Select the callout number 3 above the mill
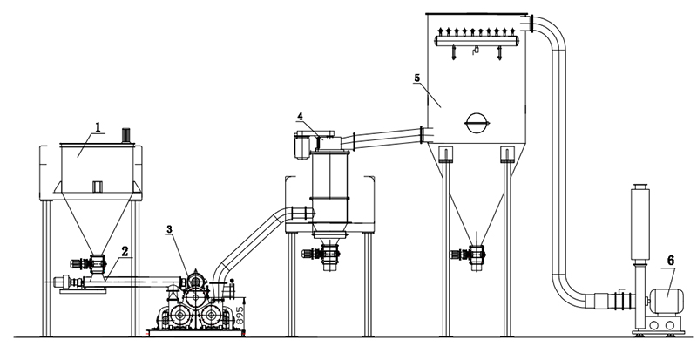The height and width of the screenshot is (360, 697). pos(169,229)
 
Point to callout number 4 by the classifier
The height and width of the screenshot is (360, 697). pos(299,116)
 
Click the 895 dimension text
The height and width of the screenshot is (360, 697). pos(240,311)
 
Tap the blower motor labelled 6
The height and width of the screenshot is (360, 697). pos(666,301)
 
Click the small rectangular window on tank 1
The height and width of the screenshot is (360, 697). pos(97,185)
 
